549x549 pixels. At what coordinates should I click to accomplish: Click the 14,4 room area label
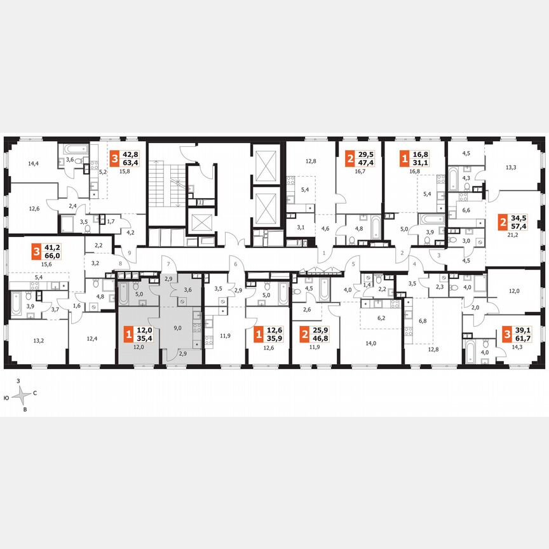click(34, 163)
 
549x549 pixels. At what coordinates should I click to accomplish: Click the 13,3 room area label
click(510, 168)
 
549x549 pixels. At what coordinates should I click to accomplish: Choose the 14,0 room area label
click(370, 343)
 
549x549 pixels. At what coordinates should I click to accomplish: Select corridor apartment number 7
click(168, 263)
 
